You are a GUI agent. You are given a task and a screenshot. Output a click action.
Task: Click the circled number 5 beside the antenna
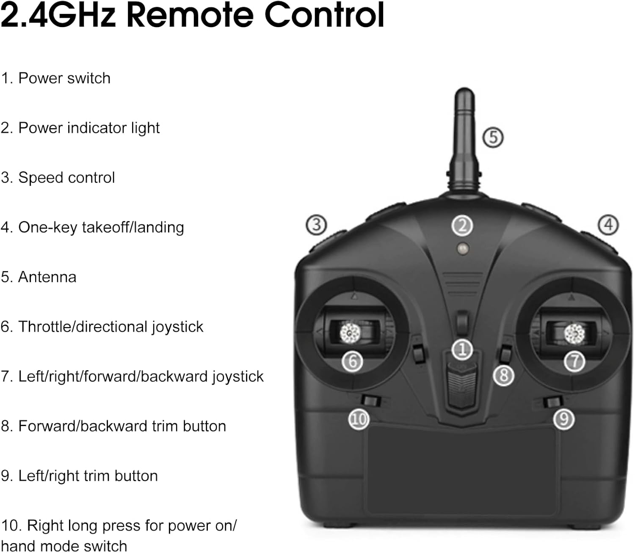(492, 138)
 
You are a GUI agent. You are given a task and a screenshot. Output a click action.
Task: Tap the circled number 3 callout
(316, 225)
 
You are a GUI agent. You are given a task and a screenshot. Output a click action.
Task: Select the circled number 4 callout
(608, 225)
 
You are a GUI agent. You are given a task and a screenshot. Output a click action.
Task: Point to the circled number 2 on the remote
(462, 226)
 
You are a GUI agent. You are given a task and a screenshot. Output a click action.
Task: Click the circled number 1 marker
(462, 349)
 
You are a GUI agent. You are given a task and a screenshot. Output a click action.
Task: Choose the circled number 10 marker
(359, 419)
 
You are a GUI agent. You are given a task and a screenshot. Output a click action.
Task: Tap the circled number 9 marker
(563, 419)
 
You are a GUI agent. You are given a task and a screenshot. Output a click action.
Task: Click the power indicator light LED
(463, 248)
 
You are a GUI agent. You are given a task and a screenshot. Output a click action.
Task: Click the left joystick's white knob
(350, 333)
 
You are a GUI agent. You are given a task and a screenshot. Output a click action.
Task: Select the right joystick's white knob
(574, 334)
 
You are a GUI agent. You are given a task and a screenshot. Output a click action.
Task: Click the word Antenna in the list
(47, 277)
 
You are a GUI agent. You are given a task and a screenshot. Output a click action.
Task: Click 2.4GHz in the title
(58, 15)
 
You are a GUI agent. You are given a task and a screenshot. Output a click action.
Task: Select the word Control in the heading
(324, 15)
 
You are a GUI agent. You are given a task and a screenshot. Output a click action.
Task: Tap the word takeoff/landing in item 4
(133, 227)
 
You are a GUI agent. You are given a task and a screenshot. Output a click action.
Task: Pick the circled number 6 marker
(352, 361)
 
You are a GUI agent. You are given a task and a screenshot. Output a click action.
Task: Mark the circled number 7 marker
(574, 361)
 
